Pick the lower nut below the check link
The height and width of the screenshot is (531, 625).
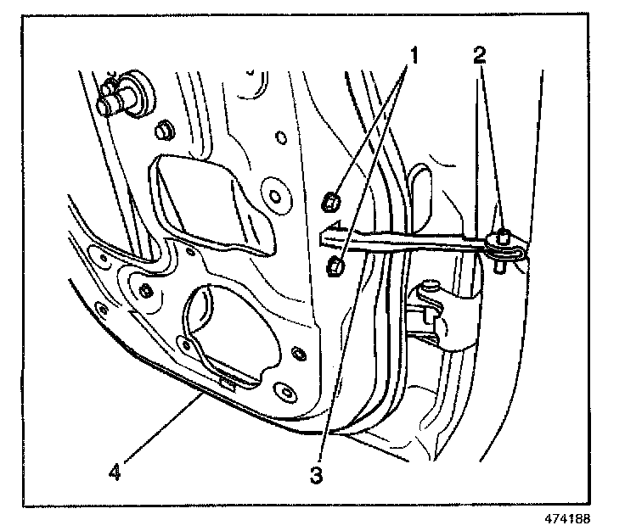pyautogui.click(x=335, y=267)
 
